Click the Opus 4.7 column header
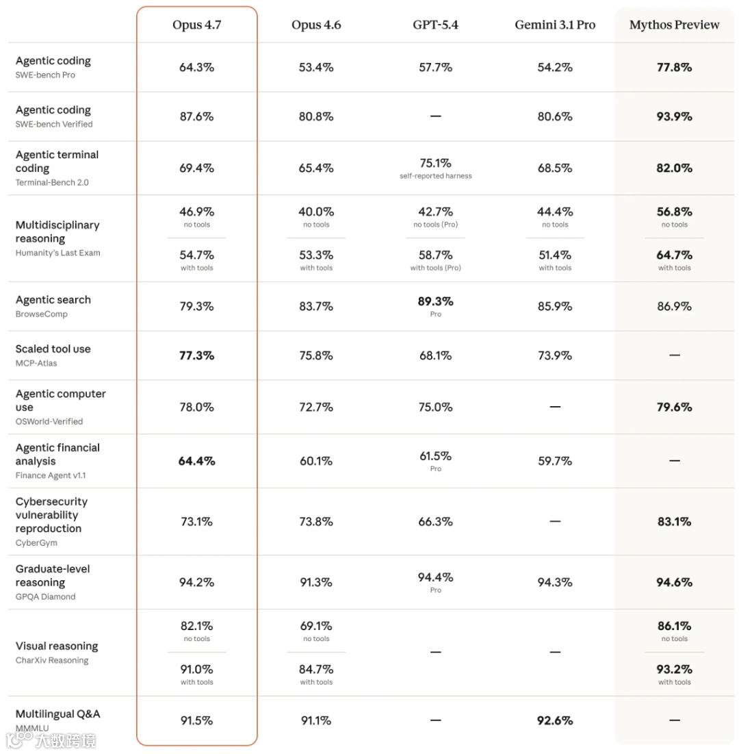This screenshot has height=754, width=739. [196, 25]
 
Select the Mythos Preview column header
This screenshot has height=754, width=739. [674, 25]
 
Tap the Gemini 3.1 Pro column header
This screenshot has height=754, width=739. [555, 25]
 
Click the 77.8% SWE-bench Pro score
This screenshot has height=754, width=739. [674, 67]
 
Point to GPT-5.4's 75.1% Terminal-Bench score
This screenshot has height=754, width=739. [436, 163]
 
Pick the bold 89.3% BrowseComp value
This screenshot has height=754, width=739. [436, 301]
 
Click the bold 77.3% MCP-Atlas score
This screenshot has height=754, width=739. [196, 355]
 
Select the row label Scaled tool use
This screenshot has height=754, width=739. [53, 349]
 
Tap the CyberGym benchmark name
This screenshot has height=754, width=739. [36, 542]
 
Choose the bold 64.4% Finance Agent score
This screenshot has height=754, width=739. [196, 461]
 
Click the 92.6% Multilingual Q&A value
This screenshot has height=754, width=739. [555, 720]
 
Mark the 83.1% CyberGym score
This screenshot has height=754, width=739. [674, 521]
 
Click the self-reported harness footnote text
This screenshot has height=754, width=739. [436, 176]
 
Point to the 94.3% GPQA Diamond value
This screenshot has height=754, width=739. [555, 582]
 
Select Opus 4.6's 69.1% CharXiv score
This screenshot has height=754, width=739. [316, 626]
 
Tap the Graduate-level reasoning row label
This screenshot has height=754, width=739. [53, 575]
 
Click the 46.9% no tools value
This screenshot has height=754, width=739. [196, 212]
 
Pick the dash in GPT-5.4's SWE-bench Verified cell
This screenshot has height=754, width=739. [436, 116]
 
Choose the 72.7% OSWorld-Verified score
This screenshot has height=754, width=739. [316, 407]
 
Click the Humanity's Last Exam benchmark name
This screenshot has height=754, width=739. [57, 253]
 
